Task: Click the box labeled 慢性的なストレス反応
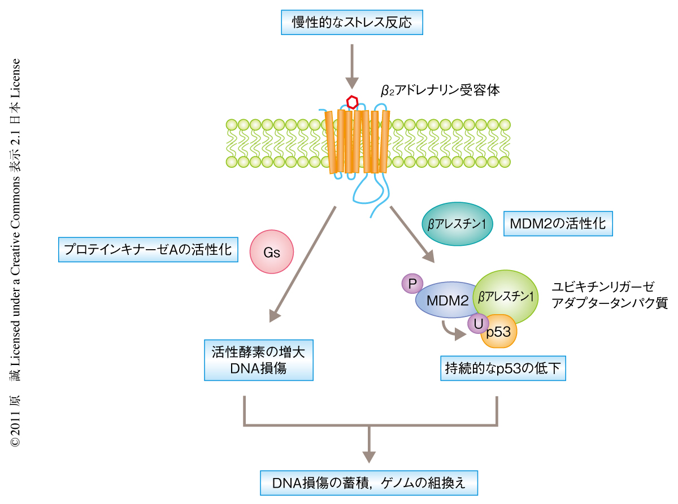pyautogui.click(x=351, y=23)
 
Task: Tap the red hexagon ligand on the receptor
pyautogui.click(x=352, y=102)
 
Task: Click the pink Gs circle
pyautogui.click(x=272, y=253)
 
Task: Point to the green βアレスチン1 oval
pyautogui.click(x=506, y=296)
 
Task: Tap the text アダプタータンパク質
pyautogui.click(x=610, y=303)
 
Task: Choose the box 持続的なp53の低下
pyautogui.click(x=503, y=370)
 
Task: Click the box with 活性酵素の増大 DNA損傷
pyautogui.click(x=258, y=360)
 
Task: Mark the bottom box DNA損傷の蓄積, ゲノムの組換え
pyautogui.click(x=369, y=483)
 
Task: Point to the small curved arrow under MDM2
pyautogui.click(x=453, y=330)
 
